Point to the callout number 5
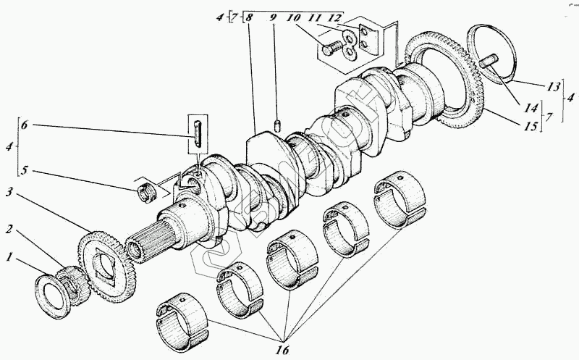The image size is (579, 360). (x=25, y=171)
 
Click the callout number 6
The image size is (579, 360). (x=25, y=125)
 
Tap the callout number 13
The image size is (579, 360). (x=553, y=85)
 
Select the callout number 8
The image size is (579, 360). (x=249, y=16)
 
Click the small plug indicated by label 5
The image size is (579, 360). (x=148, y=193)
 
